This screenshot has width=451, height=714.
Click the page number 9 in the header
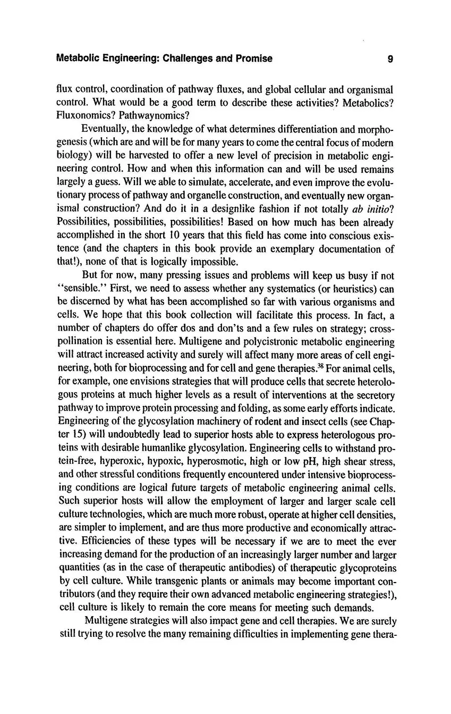pyautogui.click(x=390, y=59)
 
